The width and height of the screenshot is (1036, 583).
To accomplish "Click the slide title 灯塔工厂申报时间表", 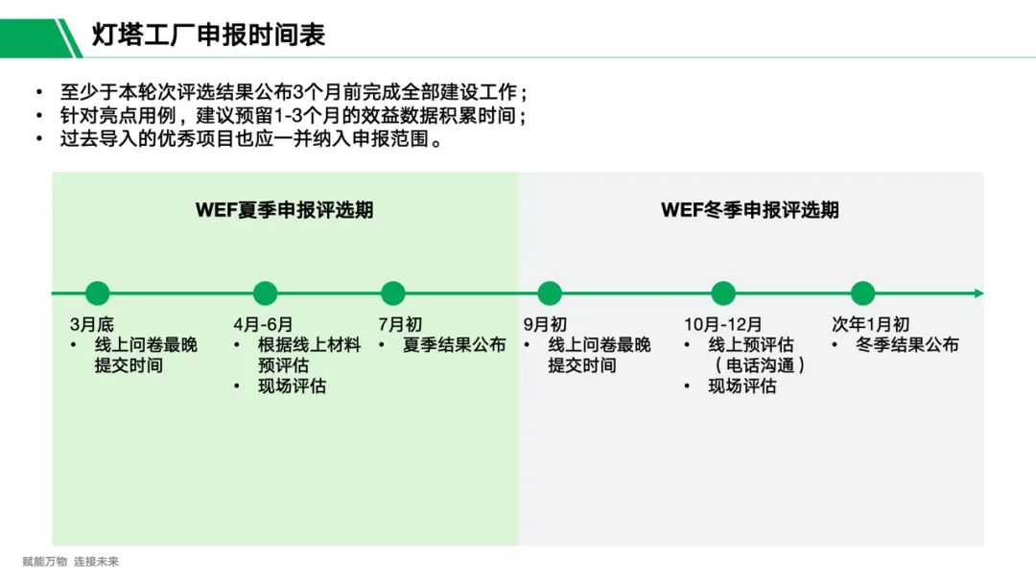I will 208,35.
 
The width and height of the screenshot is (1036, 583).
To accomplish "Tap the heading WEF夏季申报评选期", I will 284,210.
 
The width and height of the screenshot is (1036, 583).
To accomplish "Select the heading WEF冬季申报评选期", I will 749,210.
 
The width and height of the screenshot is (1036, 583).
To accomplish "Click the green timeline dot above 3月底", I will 97,293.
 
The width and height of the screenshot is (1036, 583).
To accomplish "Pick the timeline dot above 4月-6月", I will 265,293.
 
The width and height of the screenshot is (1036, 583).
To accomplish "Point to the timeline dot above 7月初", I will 392,293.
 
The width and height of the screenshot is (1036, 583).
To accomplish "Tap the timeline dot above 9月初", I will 550,293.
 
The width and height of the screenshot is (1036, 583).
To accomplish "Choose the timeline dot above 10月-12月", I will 723,293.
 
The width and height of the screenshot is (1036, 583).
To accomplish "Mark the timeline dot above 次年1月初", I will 862,293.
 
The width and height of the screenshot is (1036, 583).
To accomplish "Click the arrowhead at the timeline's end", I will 978,293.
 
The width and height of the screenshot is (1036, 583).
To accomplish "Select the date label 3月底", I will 91,325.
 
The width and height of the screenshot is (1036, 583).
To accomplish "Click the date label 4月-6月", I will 263,325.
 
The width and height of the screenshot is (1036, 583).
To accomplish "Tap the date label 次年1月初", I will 870,325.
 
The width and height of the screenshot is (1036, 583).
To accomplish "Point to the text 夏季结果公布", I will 454,345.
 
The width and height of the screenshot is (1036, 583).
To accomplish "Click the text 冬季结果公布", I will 906,345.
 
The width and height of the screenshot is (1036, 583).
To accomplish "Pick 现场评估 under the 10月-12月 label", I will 742,386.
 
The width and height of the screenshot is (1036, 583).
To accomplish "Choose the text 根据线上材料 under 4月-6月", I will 309,345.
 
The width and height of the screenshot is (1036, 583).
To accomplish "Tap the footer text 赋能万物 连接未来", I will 70,562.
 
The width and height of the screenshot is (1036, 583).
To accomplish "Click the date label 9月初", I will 545,325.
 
